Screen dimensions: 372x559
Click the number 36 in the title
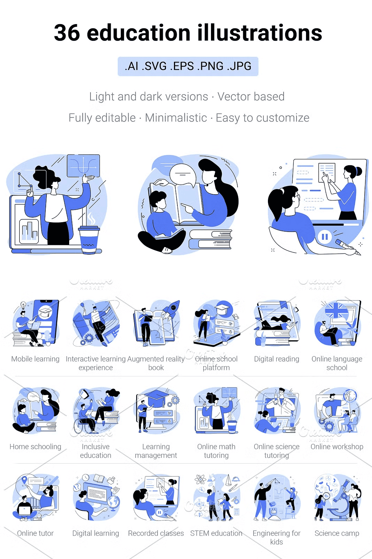67,33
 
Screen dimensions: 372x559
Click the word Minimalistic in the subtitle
176,118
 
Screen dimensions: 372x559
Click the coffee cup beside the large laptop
89,239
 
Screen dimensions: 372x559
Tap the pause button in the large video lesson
324,236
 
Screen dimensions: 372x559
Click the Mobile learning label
35,359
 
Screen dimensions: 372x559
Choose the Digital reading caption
276,359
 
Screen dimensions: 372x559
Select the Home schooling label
35,447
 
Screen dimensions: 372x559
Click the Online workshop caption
337,447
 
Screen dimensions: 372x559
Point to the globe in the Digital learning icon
114,502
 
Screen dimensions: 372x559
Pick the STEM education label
216,533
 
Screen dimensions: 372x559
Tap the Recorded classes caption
156,533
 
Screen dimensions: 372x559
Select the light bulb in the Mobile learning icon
23,305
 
